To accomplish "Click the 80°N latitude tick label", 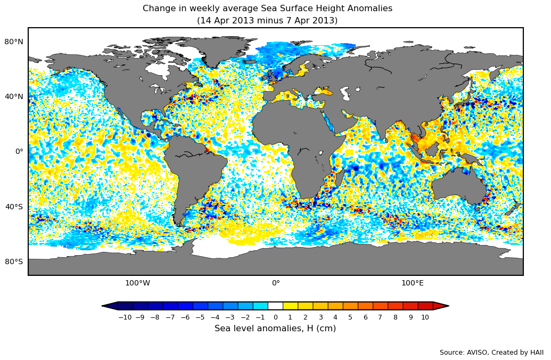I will coord(14,42).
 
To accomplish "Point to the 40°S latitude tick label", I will coord(14,207).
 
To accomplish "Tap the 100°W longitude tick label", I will coord(137,283).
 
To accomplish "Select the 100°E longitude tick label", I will coord(413,283).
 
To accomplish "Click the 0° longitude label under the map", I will coord(276,283).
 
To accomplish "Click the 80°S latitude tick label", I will coord(14,261).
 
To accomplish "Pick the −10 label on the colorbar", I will coord(125,317).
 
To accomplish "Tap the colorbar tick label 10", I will coord(425,317).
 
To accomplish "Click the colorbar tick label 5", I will coord(350,317).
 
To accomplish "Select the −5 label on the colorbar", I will coord(200,317).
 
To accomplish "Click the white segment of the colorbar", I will coord(275,306).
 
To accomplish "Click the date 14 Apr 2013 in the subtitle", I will coord(224,21).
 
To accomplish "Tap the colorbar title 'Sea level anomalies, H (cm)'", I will coord(275,329).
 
